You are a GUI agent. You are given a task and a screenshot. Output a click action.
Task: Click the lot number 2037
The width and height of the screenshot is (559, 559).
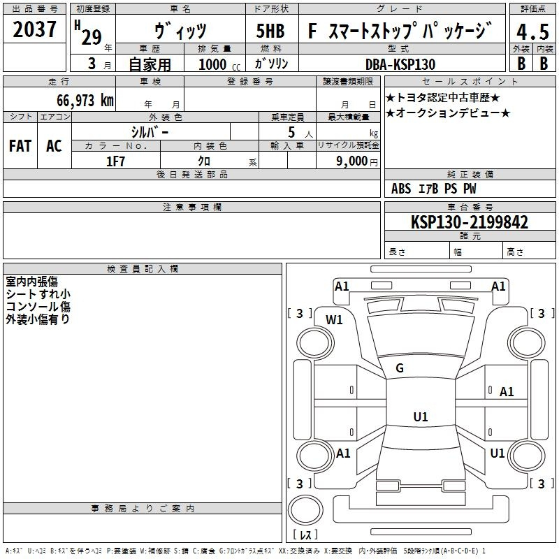tap(34, 29)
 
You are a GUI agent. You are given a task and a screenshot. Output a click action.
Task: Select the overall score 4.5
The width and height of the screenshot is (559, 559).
tap(532, 31)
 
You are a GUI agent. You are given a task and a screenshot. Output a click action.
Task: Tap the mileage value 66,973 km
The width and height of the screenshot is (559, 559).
tap(85, 101)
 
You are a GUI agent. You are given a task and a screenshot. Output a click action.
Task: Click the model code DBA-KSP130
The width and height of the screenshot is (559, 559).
tap(400, 64)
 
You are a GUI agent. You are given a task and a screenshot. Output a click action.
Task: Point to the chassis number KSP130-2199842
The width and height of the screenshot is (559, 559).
tap(469, 222)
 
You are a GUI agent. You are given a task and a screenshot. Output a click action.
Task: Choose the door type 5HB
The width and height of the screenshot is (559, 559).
tap(270, 31)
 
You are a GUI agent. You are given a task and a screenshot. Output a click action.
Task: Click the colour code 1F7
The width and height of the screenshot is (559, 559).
tap(115, 161)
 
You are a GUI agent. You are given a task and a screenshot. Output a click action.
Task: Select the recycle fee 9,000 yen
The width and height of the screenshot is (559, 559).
tap(357, 161)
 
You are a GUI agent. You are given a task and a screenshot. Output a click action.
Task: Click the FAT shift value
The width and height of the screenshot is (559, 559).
tap(20, 146)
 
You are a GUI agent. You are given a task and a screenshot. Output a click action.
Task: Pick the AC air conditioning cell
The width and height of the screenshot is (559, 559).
tap(54, 146)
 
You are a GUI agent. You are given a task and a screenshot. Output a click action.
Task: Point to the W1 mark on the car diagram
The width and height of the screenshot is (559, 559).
tap(334, 320)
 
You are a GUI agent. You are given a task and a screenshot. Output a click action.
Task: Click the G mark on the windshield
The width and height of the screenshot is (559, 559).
tap(400, 368)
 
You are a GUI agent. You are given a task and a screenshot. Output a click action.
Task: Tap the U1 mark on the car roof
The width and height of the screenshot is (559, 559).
tap(421, 416)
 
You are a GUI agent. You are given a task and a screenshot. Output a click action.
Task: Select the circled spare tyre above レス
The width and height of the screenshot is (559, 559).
tap(305, 511)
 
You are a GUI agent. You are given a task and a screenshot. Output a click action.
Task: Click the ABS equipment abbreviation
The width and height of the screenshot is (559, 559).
tap(401, 189)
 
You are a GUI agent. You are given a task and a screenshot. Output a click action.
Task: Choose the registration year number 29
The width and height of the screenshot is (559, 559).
tap(92, 37)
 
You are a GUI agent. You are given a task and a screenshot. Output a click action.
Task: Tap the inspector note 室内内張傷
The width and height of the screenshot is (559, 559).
tap(31, 282)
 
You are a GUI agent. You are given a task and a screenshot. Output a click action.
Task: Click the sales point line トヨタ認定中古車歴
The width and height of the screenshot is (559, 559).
tap(443, 97)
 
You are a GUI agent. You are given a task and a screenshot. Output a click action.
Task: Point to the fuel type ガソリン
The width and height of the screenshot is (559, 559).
tap(271, 64)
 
